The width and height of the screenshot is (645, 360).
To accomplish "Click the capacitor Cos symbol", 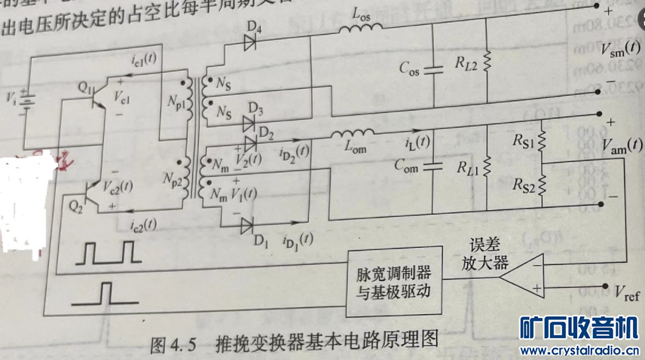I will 432,71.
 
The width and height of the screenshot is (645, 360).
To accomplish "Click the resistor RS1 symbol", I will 543,142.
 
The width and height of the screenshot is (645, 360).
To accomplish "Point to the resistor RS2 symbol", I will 543,182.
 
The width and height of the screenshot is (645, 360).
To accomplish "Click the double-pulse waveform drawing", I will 110,252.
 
